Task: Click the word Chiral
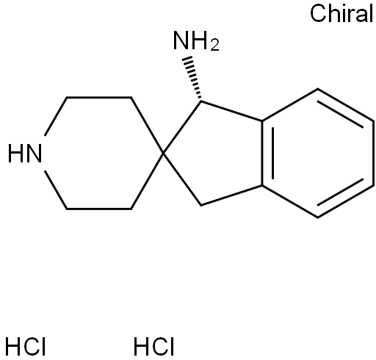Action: (341, 13)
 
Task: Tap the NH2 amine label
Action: (196, 40)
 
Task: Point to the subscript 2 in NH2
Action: (214, 46)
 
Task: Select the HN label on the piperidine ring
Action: (25, 154)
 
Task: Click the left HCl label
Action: (26, 346)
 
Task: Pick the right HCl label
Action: (153, 346)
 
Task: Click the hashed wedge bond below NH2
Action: (193, 78)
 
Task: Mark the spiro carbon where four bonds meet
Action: (164, 154)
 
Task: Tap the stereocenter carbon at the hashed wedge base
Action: (201, 101)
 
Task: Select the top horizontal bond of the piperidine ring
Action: (99, 98)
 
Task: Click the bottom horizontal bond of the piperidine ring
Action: (99, 209)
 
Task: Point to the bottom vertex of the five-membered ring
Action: (201, 205)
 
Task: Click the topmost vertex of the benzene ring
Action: (318, 89)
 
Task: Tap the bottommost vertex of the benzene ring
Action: (318, 217)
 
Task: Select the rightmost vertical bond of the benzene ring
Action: (374, 153)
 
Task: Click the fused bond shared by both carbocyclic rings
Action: (262, 153)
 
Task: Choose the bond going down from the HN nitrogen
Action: (56, 190)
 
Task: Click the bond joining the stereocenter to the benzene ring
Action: (231, 110)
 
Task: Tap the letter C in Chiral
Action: (319, 13)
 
